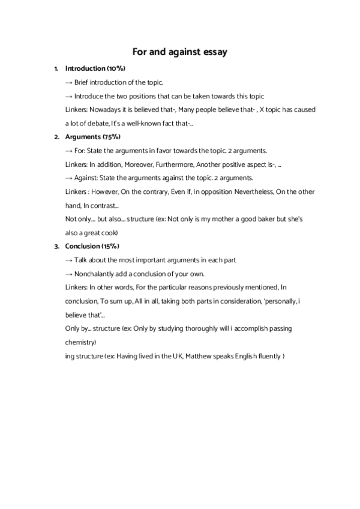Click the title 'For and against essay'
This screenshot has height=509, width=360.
[180, 53]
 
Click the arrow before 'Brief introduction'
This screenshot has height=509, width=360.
[69, 83]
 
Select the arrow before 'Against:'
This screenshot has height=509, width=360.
[69, 178]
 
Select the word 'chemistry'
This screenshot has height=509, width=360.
[80, 342]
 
